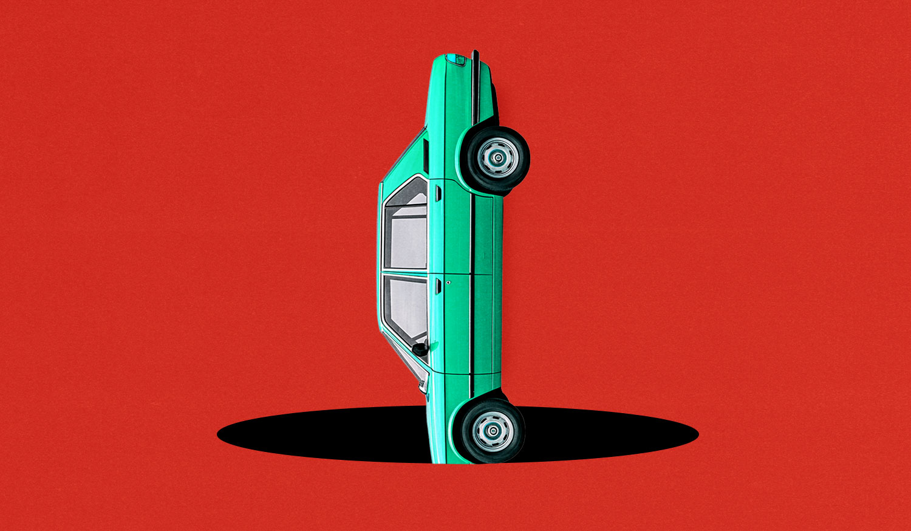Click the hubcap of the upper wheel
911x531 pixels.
(497, 159)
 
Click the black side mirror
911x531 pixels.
(420, 349)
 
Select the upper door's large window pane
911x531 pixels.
(408, 237)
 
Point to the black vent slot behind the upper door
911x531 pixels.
(426, 156)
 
